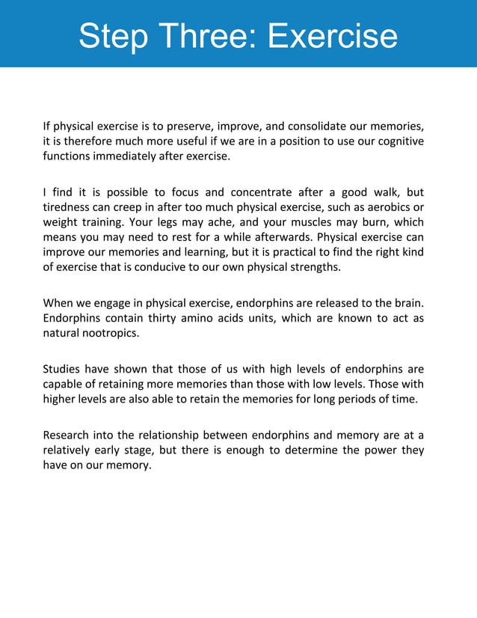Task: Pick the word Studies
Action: click(x=61, y=368)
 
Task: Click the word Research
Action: click(x=67, y=434)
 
